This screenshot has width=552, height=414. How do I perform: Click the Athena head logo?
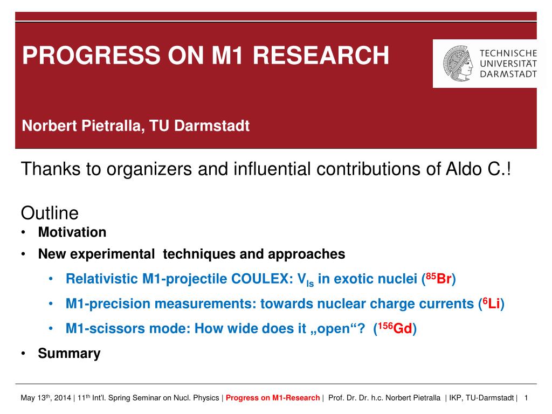pos(458,64)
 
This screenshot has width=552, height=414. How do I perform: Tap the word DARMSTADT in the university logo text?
pos(508,74)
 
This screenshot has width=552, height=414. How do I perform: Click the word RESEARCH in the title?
pos(321,56)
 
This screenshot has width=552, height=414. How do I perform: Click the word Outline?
pos(50,213)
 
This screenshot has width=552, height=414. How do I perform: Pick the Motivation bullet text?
pos(72,232)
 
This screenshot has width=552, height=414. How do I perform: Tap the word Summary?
pos(70,354)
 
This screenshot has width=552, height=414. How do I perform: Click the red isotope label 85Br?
pos(439,279)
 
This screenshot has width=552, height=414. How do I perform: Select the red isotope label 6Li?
pos(492,303)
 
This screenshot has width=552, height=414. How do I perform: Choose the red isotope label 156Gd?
pos(395,328)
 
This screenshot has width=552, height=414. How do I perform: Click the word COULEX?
pos(260,279)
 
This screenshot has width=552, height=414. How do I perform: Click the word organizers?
pos(149,169)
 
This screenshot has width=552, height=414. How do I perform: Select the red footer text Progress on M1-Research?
pos(273,398)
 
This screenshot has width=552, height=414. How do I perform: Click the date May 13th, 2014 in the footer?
pos(46,398)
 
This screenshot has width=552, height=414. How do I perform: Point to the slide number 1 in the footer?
pos(526,398)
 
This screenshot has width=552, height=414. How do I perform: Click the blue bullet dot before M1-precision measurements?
pos(51,303)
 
